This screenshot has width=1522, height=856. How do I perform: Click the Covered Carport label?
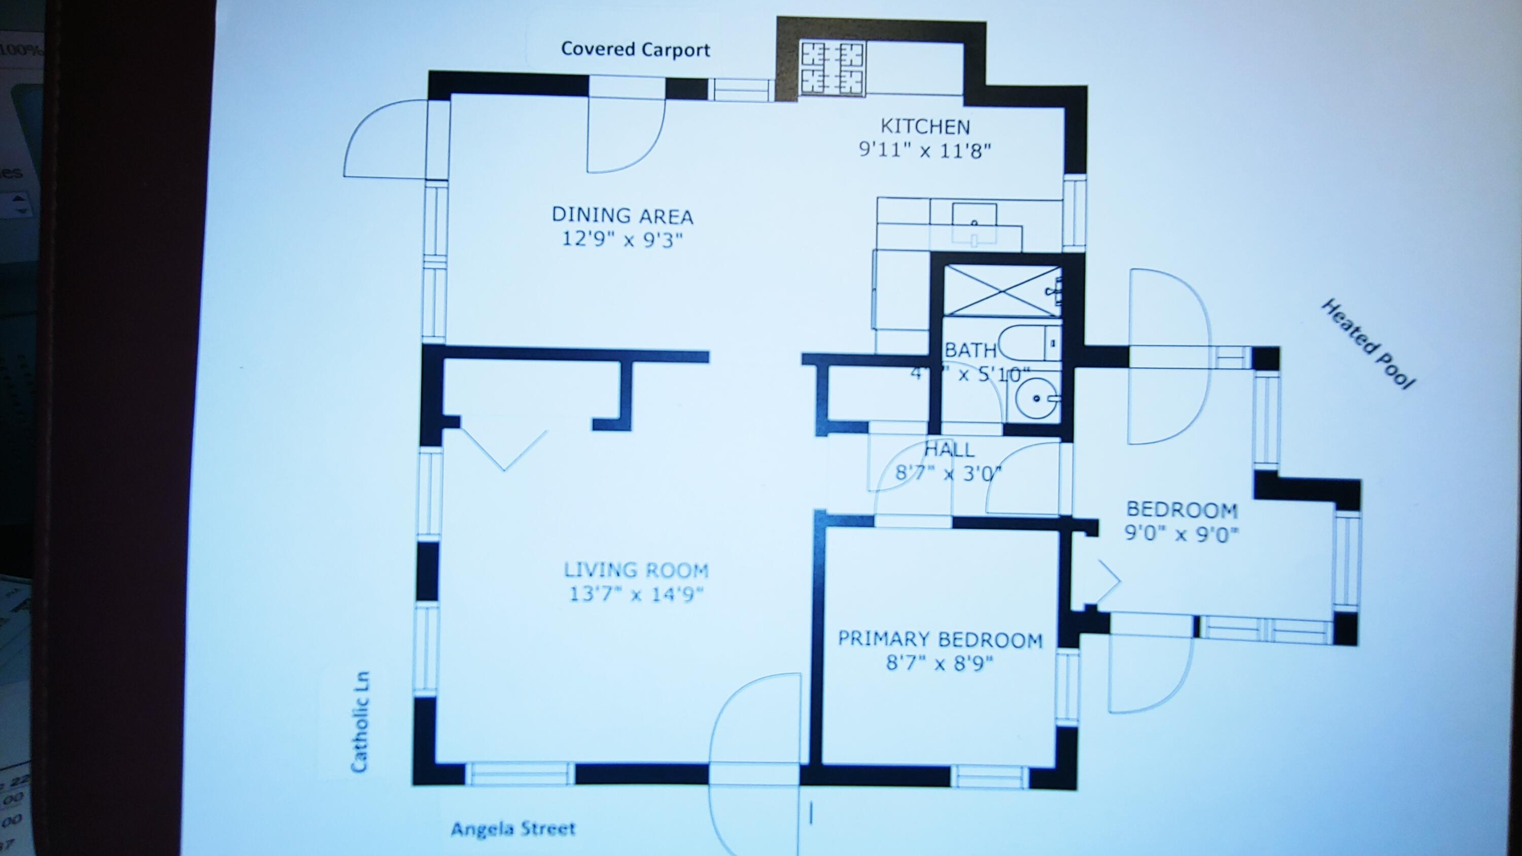coord(635,49)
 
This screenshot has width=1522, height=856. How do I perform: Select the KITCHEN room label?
coord(925,126)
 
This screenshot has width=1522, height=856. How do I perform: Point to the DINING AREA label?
coord(622,215)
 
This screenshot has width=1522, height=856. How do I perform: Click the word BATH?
coord(970,350)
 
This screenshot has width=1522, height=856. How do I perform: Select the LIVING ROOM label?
coord(636,570)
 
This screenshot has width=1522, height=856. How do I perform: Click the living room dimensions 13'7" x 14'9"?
coord(636,594)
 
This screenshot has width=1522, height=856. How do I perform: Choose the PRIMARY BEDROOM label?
coord(940,639)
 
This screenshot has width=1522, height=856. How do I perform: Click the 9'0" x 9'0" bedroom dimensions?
coord(1181,534)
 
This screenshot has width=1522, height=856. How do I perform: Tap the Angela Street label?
coord(513,829)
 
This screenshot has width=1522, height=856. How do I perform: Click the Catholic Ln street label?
coord(360,722)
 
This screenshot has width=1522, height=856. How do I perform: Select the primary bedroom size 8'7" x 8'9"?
coord(940,663)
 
